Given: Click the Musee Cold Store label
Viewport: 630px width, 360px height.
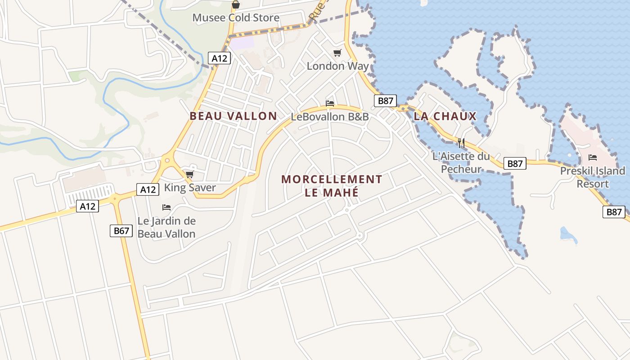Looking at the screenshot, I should [x=236, y=18].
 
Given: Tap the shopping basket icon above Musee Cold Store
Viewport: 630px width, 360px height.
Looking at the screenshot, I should [x=235, y=5].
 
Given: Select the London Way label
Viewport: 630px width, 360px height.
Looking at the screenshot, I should [x=337, y=66].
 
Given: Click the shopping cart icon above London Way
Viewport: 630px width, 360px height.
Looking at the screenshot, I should [x=337, y=53].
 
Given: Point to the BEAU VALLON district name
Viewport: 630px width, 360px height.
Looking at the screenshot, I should [x=233, y=116].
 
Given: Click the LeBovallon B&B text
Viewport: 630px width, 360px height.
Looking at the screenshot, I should [x=330, y=117].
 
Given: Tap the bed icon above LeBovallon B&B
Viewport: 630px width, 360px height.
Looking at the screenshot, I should [x=330, y=103].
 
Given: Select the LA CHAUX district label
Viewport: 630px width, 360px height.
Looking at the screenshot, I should [x=445, y=117].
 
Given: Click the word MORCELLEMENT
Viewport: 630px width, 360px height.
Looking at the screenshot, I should [x=332, y=180].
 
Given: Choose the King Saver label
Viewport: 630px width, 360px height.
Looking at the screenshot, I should [x=190, y=188].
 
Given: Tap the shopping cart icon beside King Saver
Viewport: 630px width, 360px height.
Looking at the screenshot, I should [x=189, y=175].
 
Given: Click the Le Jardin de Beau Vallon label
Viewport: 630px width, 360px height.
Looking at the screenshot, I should [x=166, y=227].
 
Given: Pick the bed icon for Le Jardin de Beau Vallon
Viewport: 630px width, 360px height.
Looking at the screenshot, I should [x=166, y=207].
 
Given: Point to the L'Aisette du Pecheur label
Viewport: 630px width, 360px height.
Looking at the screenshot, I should [x=461, y=163].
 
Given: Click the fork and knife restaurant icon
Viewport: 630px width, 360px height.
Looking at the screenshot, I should [x=461, y=144].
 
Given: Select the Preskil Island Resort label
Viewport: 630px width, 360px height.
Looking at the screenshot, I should [x=593, y=177].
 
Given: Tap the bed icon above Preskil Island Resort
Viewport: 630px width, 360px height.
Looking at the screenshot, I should [x=593, y=157].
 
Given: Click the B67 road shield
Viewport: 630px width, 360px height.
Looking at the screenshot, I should [x=121, y=231].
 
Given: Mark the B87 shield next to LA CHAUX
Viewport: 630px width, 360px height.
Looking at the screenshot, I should [x=385, y=101].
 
